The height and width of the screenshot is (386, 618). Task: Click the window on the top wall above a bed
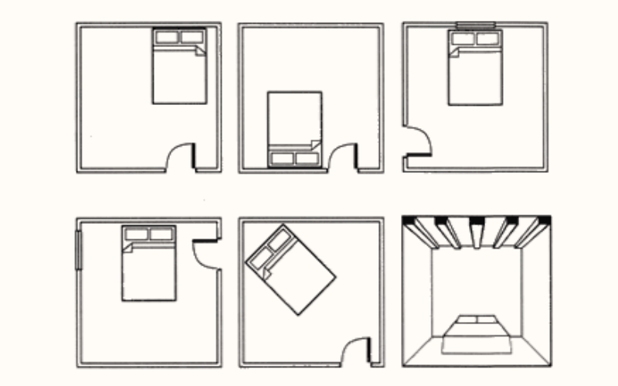(x=475, y=25)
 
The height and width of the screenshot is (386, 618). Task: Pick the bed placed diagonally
(x=290, y=270)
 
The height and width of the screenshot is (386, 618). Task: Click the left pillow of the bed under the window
(x=463, y=39)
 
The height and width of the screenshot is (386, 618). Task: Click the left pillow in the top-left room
(x=166, y=37)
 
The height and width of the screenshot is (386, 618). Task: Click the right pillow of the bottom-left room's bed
(x=161, y=234)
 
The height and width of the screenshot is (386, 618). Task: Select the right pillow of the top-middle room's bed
(x=307, y=158)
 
